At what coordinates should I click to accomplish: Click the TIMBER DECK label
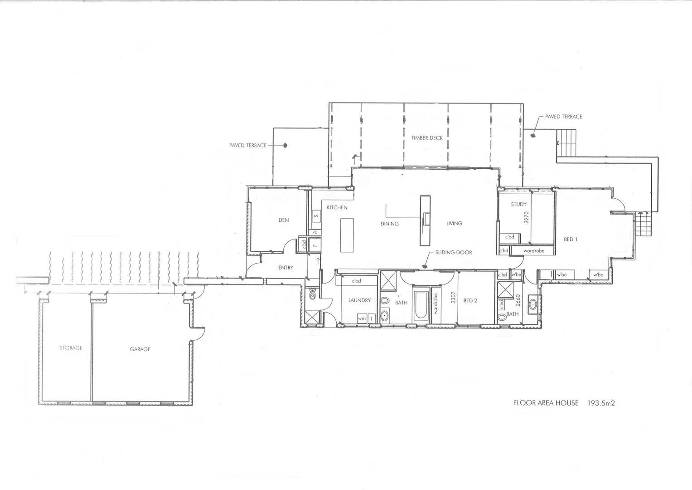[427, 137]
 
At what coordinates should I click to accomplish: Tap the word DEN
[284, 220]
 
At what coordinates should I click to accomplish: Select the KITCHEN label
[337, 207]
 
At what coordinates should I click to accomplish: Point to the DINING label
[390, 224]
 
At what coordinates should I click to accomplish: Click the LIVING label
[454, 223]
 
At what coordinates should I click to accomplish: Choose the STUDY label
[519, 204]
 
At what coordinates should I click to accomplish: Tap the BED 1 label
[571, 240]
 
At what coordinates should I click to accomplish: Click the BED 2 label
[470, 300]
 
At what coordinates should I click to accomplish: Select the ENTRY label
[286, 268]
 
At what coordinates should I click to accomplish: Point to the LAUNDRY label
[360, 300]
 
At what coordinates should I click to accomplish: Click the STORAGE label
[71, 348]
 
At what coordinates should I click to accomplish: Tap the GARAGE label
[140, 349]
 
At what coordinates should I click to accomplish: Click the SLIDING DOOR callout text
[454, 252]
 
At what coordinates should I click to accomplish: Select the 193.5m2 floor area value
[601, 402]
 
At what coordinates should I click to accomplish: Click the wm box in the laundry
[362, 318]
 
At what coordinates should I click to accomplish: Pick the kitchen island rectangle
[347, 235]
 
